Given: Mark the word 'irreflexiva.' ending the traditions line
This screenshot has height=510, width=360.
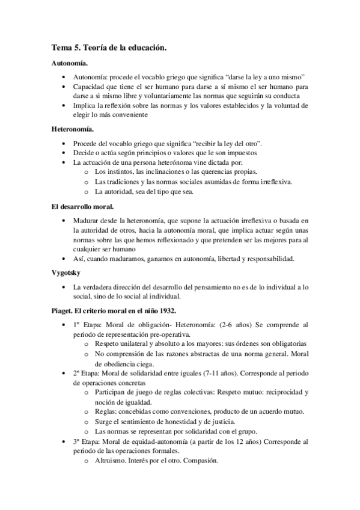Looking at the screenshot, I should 275,182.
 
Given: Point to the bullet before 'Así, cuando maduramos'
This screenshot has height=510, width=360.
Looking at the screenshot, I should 64,259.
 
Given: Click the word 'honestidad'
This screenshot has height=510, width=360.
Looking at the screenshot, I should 180,421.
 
